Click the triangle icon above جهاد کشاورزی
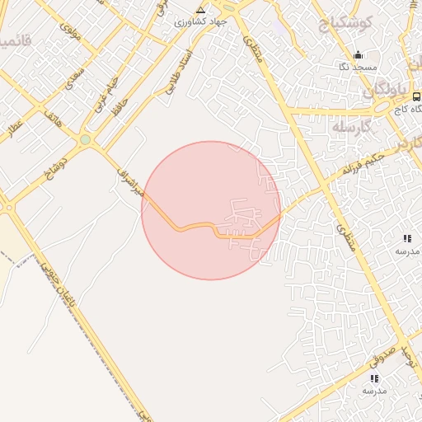(200, 10)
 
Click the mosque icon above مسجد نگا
(357, 55)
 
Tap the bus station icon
(416, 96)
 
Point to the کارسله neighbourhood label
(354, 127)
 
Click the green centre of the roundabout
(85, 140)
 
